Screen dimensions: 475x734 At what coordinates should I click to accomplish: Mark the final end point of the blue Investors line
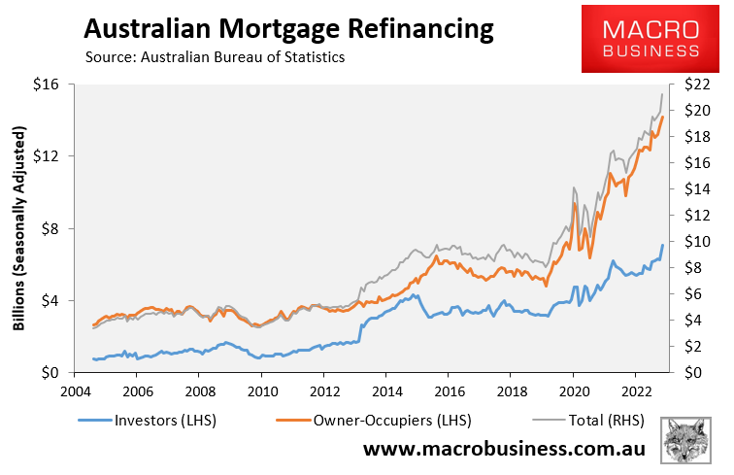(x=662, y=246)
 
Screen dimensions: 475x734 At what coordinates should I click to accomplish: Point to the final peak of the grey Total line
(x=662, y=94)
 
